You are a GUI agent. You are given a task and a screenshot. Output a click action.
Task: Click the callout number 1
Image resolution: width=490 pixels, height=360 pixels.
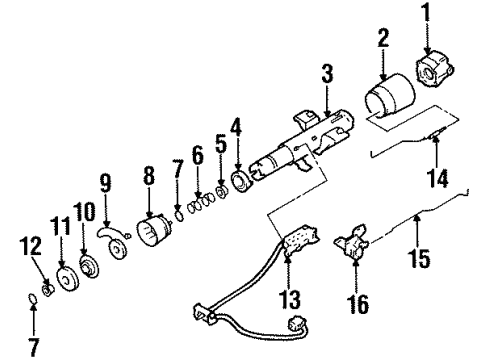coord(429,16)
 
